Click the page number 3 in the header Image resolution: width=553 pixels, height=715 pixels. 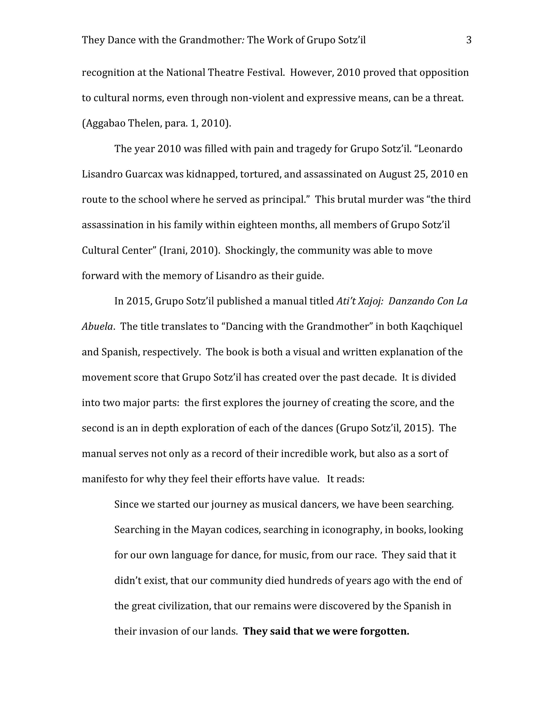pyautogui.click(x=469, y=40)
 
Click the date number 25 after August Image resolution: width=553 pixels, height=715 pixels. pyautogui.click(x=420, y=174)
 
